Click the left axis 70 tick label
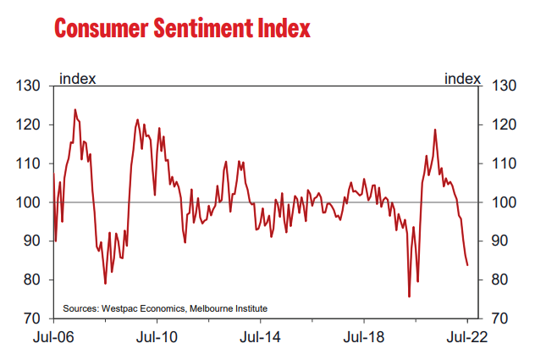point(32,318)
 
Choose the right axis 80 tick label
point(499,280)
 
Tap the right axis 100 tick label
point(503,202)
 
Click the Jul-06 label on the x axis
point(54,335)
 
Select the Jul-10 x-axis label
point(157,335)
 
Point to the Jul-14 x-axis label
point(261,335)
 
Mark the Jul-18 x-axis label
point(364,335)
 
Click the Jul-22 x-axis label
point(467,335)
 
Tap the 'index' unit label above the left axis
point(76,79)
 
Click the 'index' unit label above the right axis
point(462,79)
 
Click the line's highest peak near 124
point(74,109)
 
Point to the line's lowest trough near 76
point(409,296)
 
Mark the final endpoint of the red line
point(467,265)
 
